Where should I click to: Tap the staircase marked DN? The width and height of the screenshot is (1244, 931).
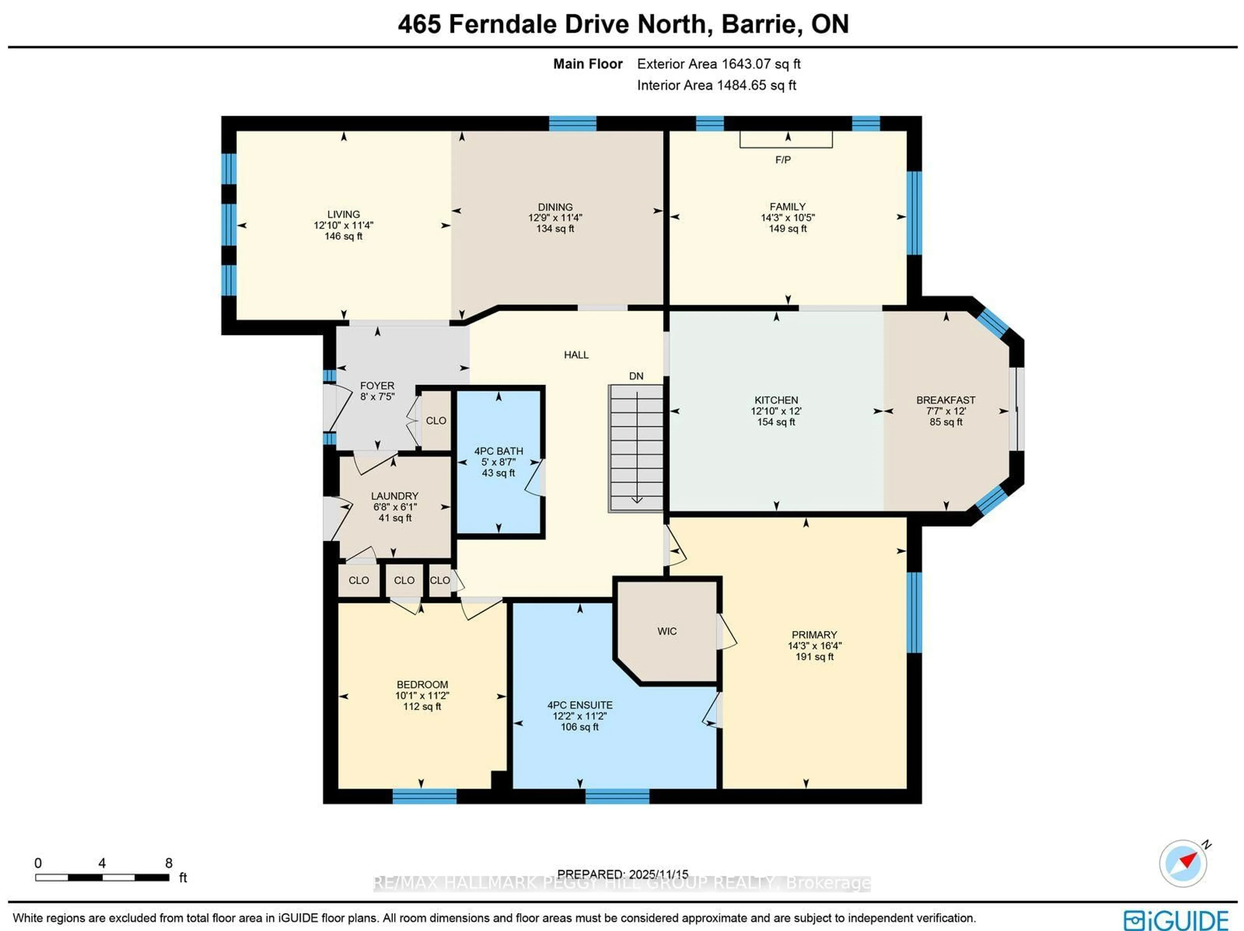click(x=636, y=448)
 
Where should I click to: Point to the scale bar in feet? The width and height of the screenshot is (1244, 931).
click(x=102, y=877)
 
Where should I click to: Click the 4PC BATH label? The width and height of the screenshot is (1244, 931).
click(x=498, y=451)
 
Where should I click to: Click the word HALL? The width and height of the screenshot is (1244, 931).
click(x=576, y=355)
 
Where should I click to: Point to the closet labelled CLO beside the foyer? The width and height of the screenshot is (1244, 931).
click(x=436, y=421)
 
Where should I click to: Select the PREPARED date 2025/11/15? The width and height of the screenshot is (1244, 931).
click(x=623, y=874)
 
